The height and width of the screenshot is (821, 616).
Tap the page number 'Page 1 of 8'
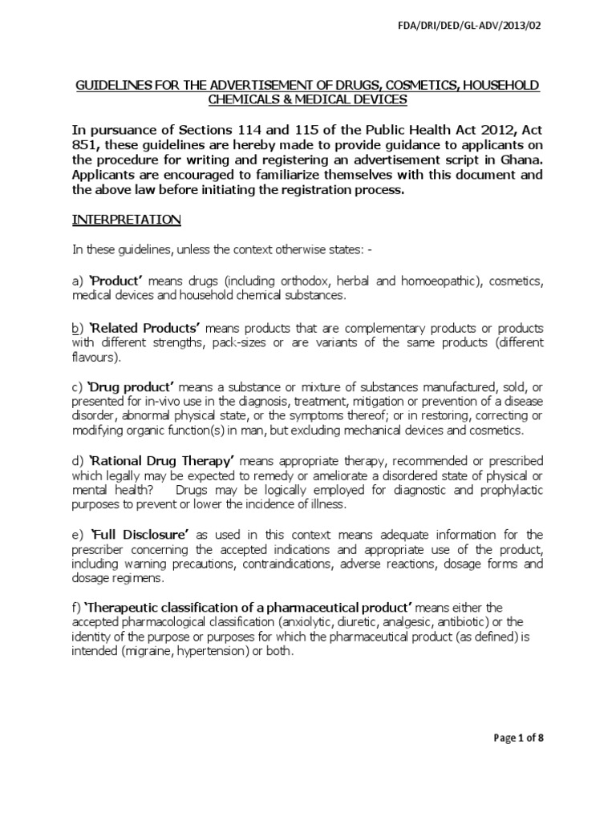518,738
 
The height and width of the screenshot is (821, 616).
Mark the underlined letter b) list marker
75,329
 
